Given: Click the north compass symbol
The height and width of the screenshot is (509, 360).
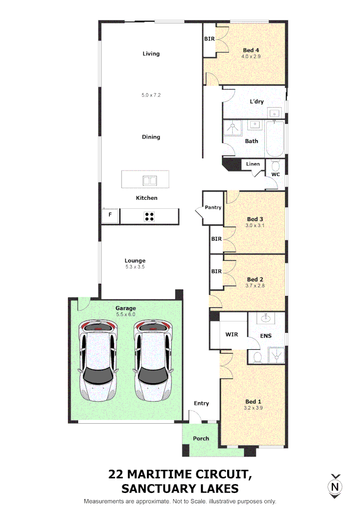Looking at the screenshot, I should [x=335, y=486].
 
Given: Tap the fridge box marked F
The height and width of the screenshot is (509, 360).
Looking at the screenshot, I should [x=110, y=216].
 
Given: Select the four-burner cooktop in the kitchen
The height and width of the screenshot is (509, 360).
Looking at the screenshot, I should [x=149, y=216].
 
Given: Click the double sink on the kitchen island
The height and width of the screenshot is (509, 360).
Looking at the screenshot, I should [x=149, y=180].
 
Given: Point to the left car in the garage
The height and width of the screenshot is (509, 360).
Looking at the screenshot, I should [x=98, y=360].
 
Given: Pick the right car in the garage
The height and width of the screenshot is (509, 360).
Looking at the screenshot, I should [x=152, y=360].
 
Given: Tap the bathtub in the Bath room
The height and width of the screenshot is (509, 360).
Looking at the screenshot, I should [x=275, y=140].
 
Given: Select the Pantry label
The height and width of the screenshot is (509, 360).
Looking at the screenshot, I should [x=213, y=207].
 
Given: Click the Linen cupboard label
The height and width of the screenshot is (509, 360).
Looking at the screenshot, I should [x=253, y=164].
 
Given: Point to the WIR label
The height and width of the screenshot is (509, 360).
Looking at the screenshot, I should [x=231, y=334].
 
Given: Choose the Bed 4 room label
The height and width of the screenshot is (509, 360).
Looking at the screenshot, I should [x=251, y=50].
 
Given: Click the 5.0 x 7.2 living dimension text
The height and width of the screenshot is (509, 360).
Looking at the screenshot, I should [x=151, y=95].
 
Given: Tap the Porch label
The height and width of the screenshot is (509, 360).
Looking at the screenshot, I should [x=201, y=438].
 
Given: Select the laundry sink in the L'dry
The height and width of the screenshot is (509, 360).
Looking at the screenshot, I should [x=274, y=113].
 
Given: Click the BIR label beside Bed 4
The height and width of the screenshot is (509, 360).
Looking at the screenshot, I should [x=209, y=39].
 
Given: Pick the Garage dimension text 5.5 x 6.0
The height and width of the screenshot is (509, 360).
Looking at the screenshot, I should [x=125, y=314].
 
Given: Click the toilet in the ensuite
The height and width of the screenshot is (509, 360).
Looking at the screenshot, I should [x=256, y=357].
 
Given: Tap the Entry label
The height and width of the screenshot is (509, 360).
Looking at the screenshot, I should [x=201, y=403].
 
